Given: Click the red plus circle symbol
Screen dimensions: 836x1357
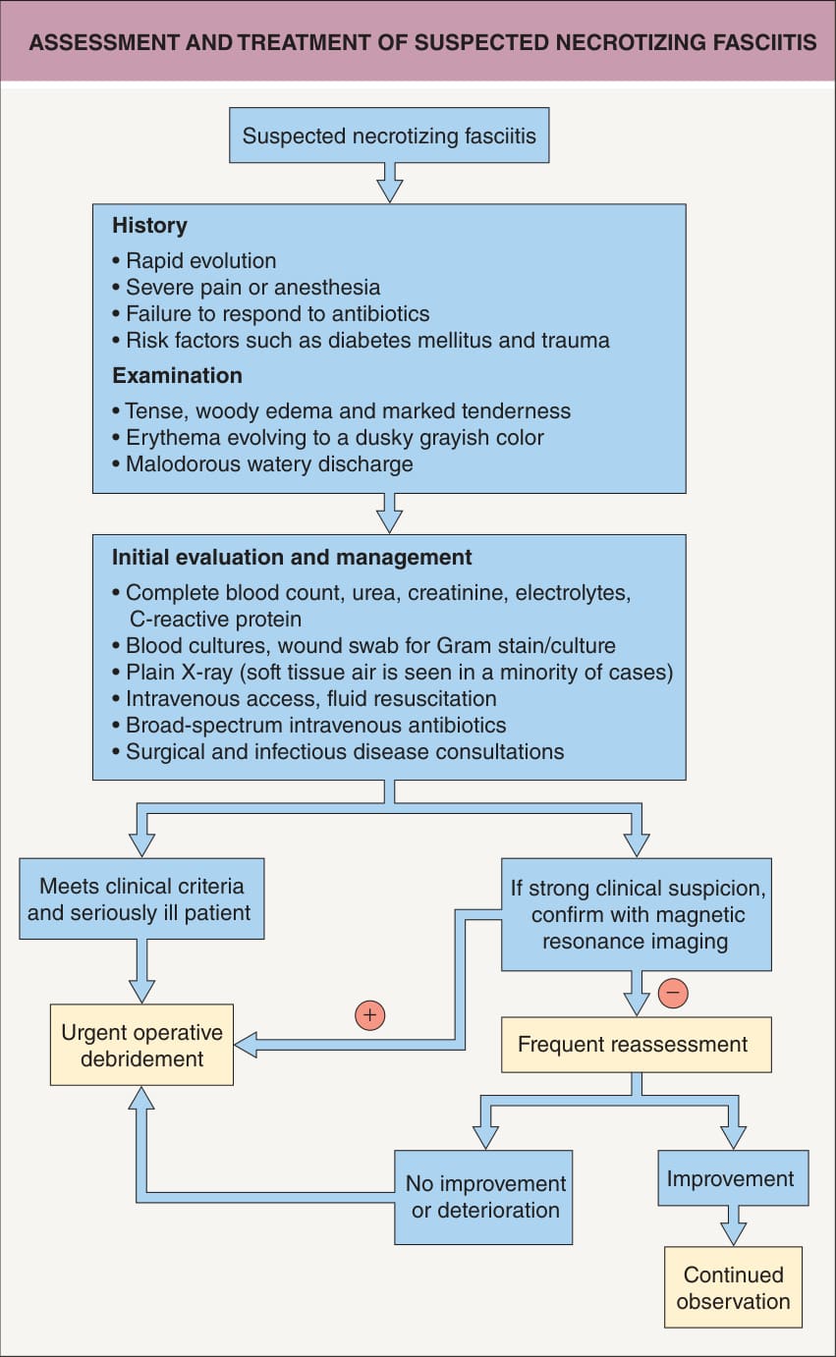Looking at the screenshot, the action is tap(369, 1014).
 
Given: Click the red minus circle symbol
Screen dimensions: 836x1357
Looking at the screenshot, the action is tap(673, 993).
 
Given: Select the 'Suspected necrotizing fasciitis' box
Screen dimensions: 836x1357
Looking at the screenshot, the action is tap(389, 136).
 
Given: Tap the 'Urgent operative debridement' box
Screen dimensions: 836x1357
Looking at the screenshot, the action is tap(141, 1045).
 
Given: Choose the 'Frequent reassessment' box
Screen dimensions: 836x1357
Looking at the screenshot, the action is tap(636, 1045).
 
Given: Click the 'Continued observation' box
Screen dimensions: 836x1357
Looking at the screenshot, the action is tap(733, 1287).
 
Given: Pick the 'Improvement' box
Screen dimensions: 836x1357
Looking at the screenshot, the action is tap(733, 1178).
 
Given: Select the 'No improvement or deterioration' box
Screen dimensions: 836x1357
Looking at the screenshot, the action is tap(483, 1197).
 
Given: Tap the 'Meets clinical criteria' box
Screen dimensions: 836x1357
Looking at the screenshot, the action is tap(141, 898).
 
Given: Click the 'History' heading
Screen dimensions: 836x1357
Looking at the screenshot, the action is tap(149, 226).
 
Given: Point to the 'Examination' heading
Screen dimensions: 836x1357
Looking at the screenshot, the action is tap(177, 376).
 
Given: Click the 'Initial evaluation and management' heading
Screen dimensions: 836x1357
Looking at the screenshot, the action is tap(292, 558).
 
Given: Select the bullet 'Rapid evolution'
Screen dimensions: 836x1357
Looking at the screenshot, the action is tap(194, 260).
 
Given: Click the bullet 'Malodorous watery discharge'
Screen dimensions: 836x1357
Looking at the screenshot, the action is tap(262, 464).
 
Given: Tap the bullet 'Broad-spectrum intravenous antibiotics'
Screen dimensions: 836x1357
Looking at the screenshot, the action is tap(309, 726).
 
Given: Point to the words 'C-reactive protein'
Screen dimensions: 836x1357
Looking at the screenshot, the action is tap(215, 620).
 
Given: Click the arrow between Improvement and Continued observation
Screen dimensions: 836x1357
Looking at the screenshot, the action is tap(733, 1225).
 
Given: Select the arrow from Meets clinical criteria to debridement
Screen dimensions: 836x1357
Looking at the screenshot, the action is tap(141, 971).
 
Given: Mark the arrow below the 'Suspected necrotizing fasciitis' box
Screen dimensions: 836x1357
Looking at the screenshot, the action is tap(389, 183).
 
